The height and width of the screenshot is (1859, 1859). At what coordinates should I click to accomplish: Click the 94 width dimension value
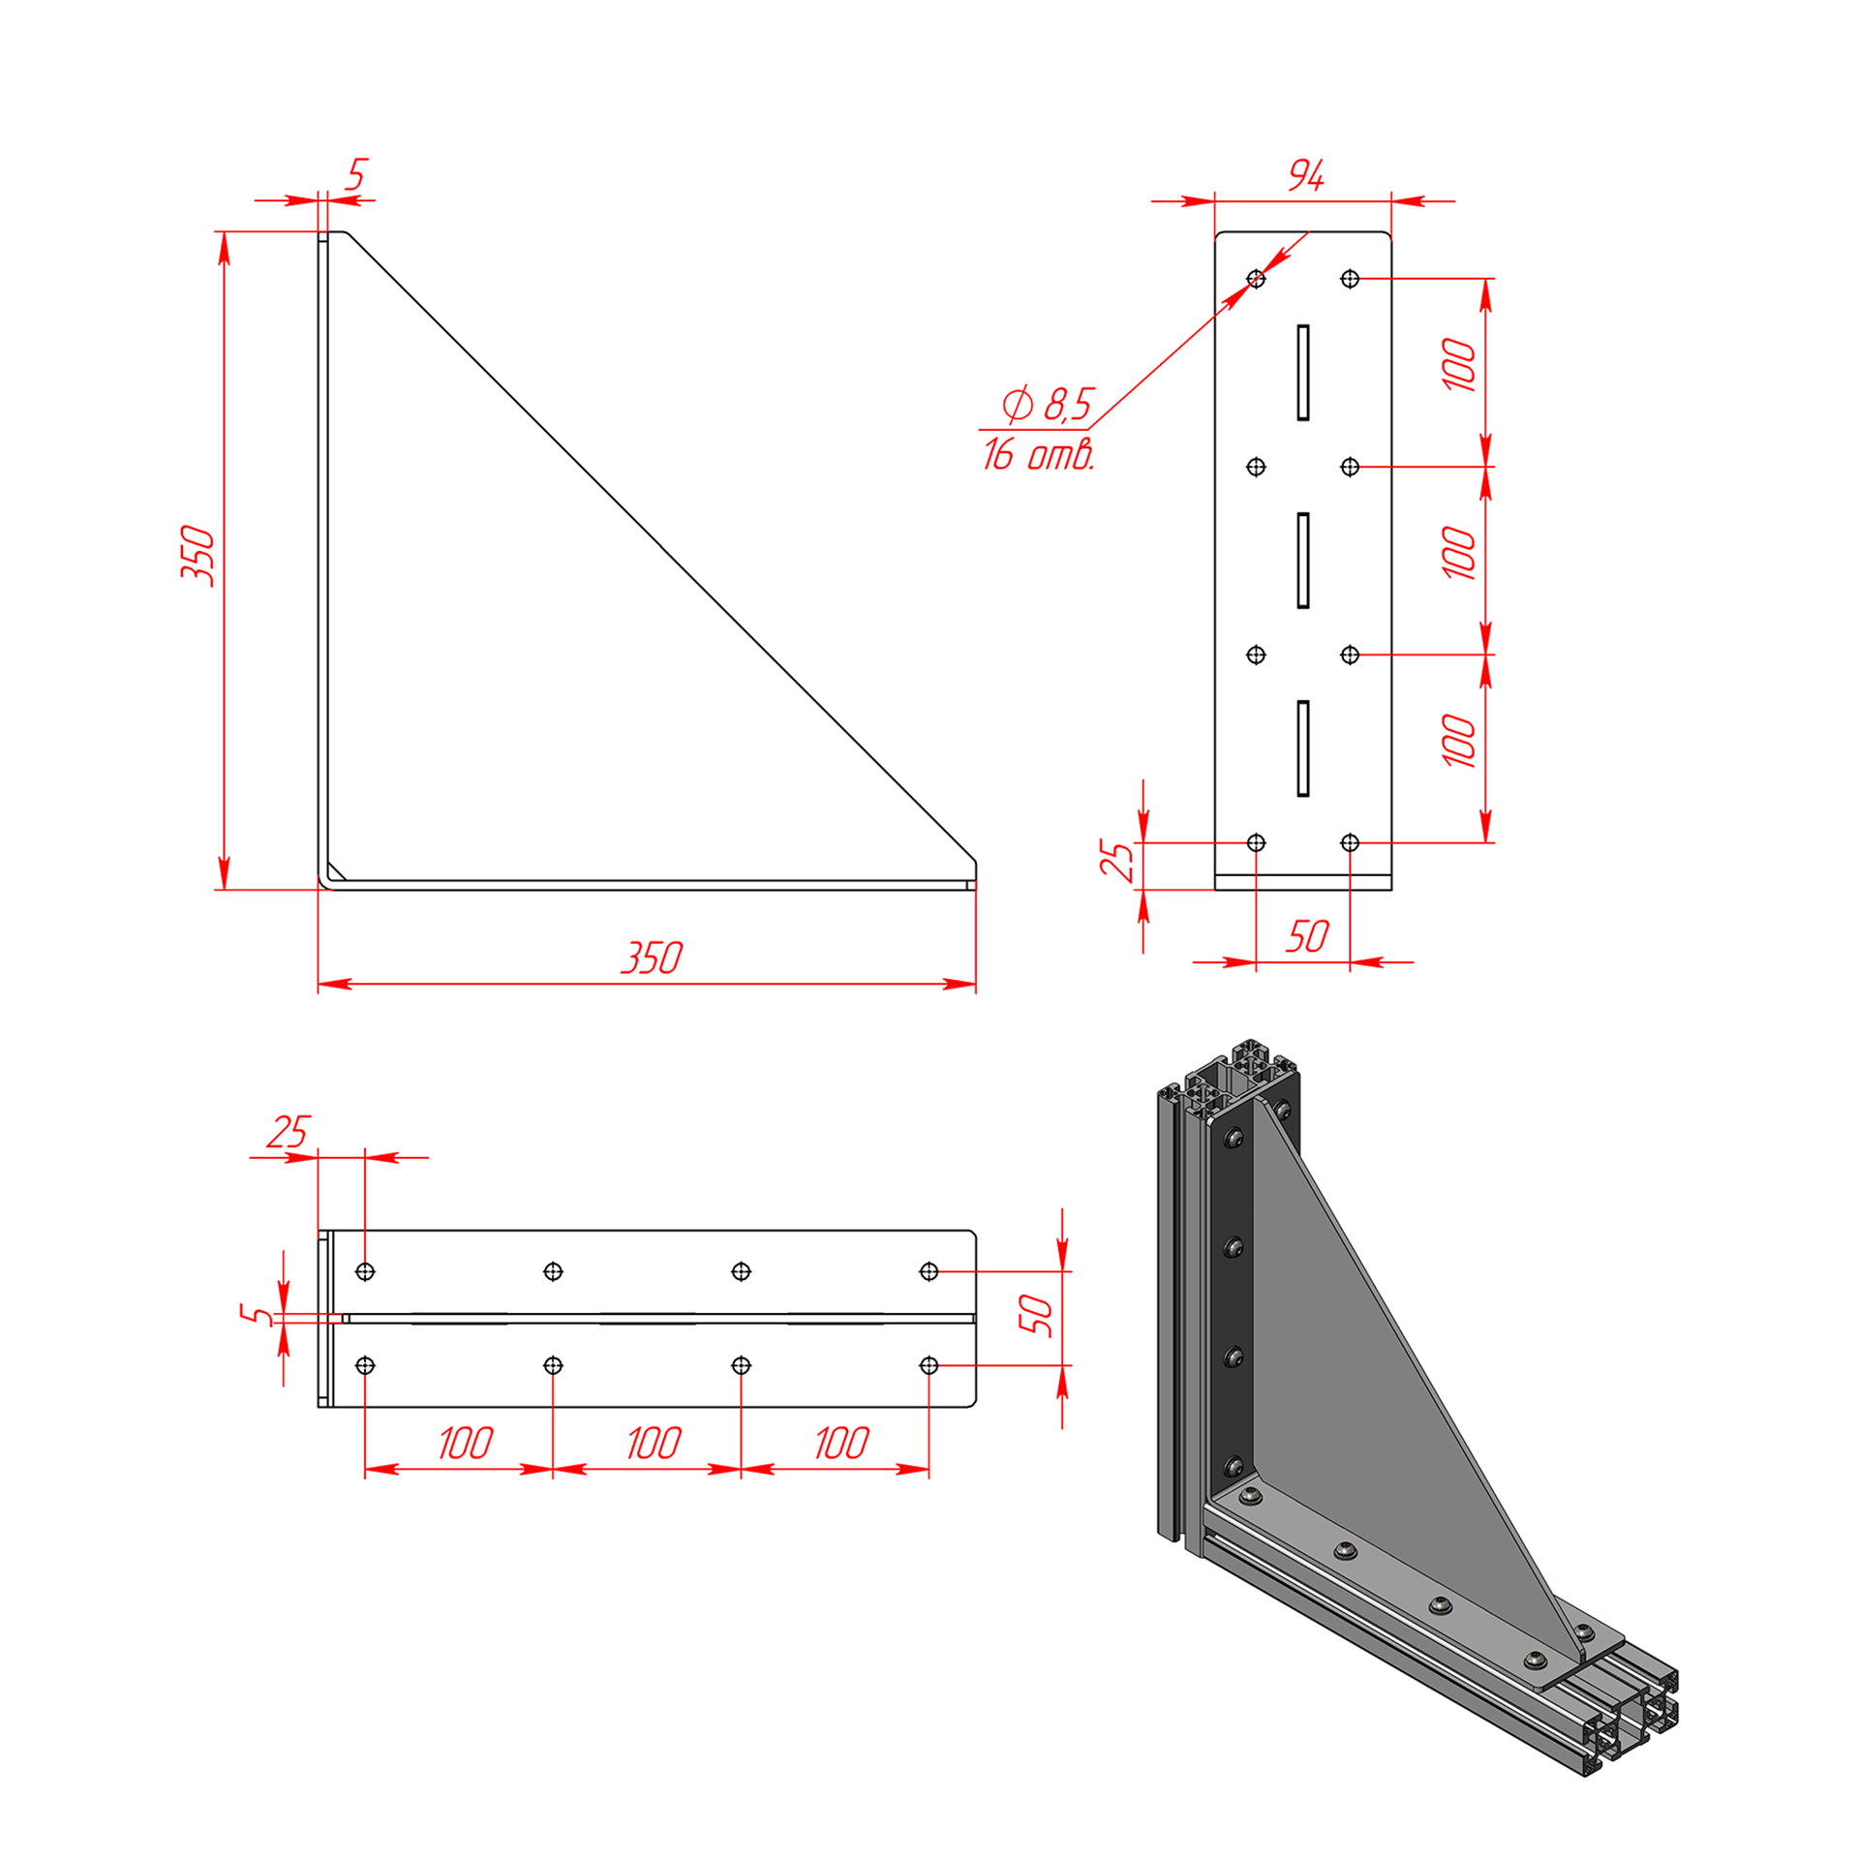pyautogui.click(x=1305, y=175)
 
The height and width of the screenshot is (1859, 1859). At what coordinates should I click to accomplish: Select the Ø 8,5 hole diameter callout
pyautogui.click(x=1048, y=404)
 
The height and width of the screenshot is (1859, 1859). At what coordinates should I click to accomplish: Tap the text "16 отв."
pyautogui.click(x=1039, y=454)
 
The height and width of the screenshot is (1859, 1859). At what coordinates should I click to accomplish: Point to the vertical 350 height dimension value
pyautogui.click(x=198, y=555)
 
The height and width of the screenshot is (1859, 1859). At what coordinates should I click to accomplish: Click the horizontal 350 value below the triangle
pyautogui.click(x=652, y=958)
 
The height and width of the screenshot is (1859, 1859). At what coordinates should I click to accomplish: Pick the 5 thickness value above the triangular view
pyautogui.click(x=356, y=175)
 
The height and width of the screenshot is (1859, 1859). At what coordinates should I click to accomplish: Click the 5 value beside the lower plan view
pyautogui.click(x=256, y=1315)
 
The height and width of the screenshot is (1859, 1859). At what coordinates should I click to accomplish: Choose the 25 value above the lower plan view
pyautogui.click(x=288, y=1131)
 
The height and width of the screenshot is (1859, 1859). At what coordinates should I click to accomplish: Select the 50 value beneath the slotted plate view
pyautogui.click(x=1307, y=936)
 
